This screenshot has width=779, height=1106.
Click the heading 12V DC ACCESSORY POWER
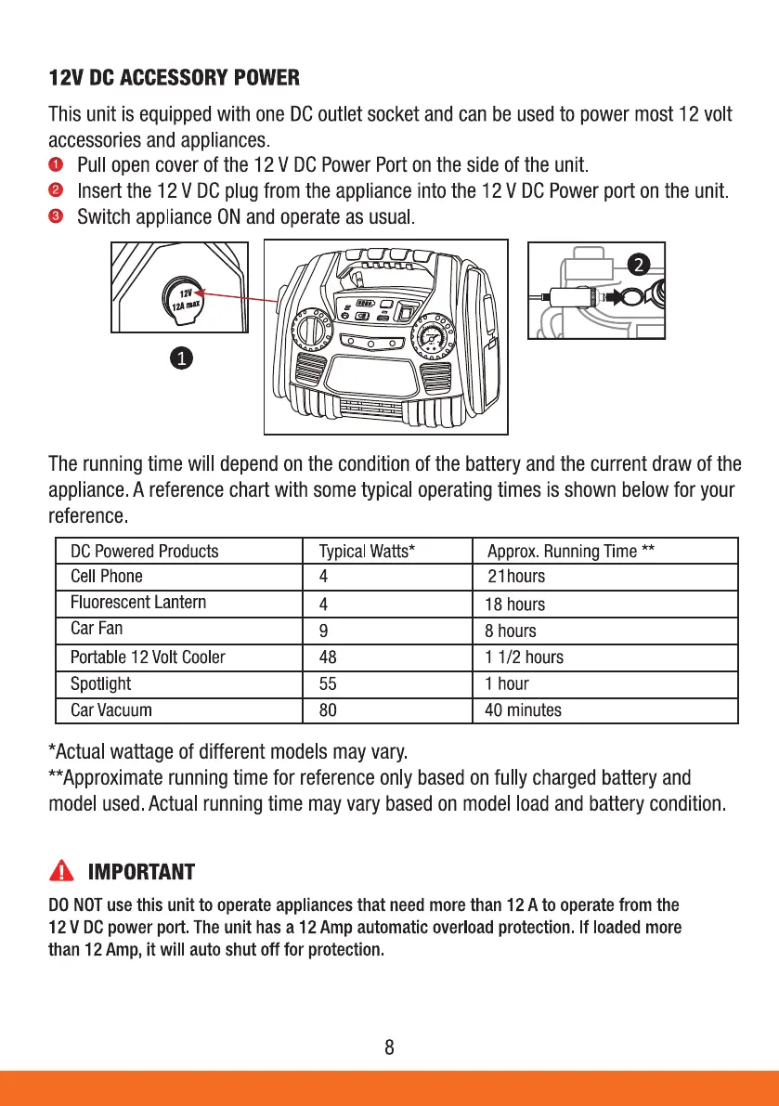coord(174,77)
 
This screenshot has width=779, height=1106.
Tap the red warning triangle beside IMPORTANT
coord(62,871)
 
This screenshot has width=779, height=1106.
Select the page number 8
coord(389,1048)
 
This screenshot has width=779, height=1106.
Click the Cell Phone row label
coord(107,576)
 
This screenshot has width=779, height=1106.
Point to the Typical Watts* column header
coord(366,551)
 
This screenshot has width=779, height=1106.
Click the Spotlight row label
coord(100,683)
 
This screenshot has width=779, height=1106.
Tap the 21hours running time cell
coord(516,576)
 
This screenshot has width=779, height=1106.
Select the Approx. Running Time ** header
coord(571,551)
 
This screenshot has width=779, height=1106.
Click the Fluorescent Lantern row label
coord(138,602)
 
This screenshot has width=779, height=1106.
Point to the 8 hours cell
coord(511,631)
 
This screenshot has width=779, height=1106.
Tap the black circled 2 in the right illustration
coord(637,265)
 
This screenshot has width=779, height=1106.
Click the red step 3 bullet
coord(56,218)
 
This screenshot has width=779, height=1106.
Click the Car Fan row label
coord(97,628)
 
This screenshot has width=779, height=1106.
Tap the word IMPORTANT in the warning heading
coord(141,872)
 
